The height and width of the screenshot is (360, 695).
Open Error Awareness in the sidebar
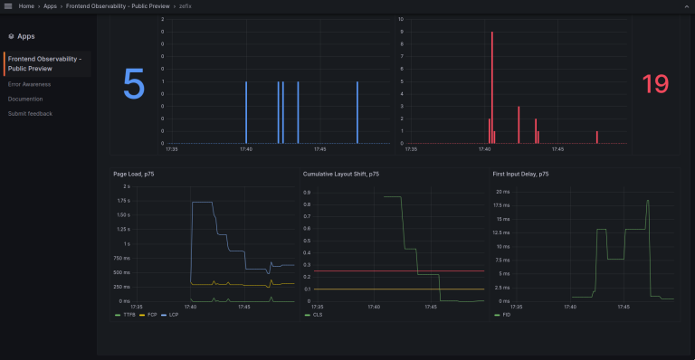pos(29,84)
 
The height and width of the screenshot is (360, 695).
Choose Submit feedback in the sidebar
pos(30,113)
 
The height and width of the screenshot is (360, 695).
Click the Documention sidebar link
pos(25,99)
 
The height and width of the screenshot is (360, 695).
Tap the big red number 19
pos(654,84)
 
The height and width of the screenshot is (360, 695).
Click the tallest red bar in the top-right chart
pos(491,86)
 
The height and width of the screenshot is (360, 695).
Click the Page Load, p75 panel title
pos(133,173)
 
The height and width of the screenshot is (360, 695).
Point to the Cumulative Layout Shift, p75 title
pos(340,173)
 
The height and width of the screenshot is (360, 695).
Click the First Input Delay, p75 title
pos(525,173)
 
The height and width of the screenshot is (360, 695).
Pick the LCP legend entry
pos(173,315)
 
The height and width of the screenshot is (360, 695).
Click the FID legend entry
pos(505,315)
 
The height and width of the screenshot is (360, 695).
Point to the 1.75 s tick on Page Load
pos(122,200)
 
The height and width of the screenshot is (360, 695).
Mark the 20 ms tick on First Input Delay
pos(502,192)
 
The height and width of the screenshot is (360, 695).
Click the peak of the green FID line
pos(648,201)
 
